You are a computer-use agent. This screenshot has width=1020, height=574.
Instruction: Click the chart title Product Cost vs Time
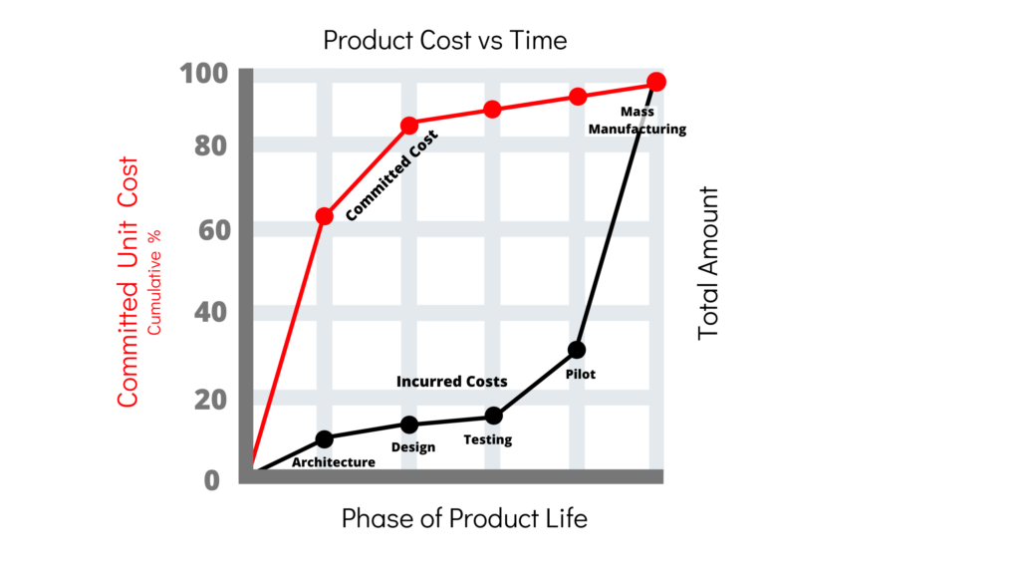tap(445, 40)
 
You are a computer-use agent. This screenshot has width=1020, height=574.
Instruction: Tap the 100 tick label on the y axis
tap(204, 74)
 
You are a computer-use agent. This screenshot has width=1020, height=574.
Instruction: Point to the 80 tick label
tap(211, 146)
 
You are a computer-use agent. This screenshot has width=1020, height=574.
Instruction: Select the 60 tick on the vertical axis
tap(215, 230)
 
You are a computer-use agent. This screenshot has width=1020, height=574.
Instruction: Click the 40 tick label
tap(211, 312)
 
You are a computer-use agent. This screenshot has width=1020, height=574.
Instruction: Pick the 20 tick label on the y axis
tap(211, 400)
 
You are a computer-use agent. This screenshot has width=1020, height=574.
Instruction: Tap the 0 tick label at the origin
tap(212, 480)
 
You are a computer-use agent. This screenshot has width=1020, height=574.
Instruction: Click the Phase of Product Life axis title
tap(464, 518)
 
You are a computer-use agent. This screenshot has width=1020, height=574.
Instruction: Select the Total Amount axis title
tap(708, 263)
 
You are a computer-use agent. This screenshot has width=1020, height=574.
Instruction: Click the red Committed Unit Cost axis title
tap(127, 282)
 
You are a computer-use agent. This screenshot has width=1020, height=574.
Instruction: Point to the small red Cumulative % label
tap(153, 282)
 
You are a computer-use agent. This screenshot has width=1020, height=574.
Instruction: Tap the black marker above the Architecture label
tap(324, 439)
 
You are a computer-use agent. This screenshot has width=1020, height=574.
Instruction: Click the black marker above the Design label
tap(409, 425)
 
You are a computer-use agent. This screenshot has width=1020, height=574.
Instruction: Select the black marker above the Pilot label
tap(577, 350)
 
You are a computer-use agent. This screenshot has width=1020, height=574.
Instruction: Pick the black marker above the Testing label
tap(494, 416)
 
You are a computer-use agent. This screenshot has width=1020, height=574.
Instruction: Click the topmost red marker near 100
tap(656, 82)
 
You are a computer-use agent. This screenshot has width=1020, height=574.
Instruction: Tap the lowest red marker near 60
tap(324, 216)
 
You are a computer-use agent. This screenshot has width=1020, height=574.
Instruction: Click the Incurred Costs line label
tap(451, 382)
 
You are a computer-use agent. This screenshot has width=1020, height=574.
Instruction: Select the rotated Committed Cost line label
tap(391, 175)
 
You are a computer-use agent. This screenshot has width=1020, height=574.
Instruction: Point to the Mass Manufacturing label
tap(637, 121)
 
